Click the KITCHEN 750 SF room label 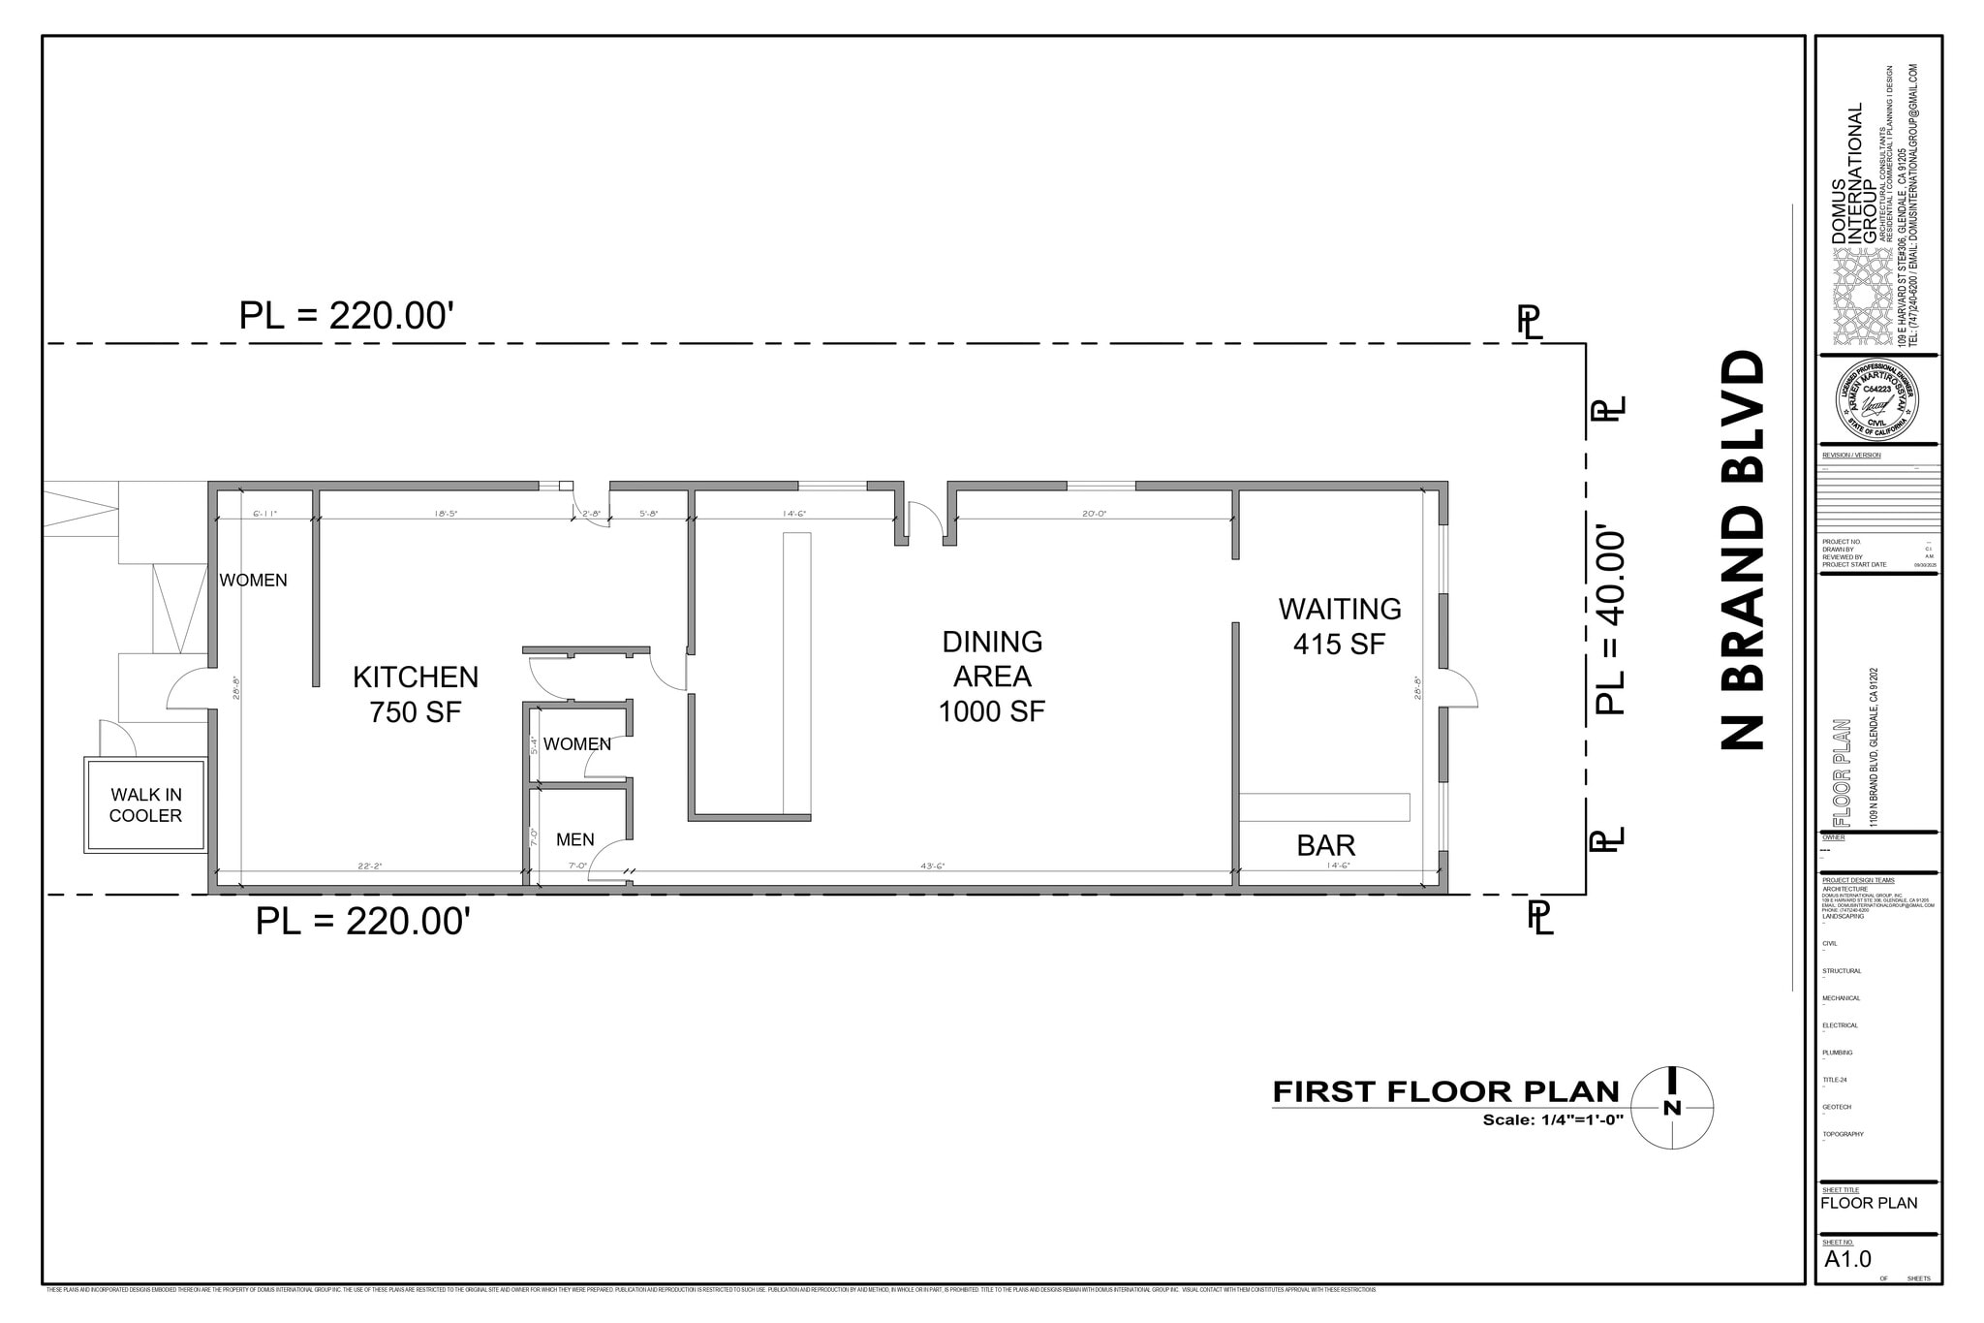pyautogui.click(x=415, y=694)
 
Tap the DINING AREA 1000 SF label pyautogui.click(x=992, y=677)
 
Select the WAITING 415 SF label pyautogui.click(x=1339, y=626)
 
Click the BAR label pyautogui.click(x=1325, y=846)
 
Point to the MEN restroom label pyautogui.click(x=574, y=840)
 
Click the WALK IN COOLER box pyautogui.click(x=145, y=805)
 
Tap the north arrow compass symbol pyautogui.click(x=1672, y=1108)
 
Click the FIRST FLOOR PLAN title pyautogui.click(x=1445, y=1092)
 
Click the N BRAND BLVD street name pyautogui.click(x=1743, y=551)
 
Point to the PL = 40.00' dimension pyautogui.click(x=1609, y=620)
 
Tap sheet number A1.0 pyautogui.click(x=1847, y=1259)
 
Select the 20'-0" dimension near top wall pyautogui.click(x=1094, y=514)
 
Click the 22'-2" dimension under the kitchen pyautogui.click(x=369, y=866)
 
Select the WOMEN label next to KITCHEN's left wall pyautogui.click(x=253, y=581)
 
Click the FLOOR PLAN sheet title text pyautogui.click(x=1868, y=1203)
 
